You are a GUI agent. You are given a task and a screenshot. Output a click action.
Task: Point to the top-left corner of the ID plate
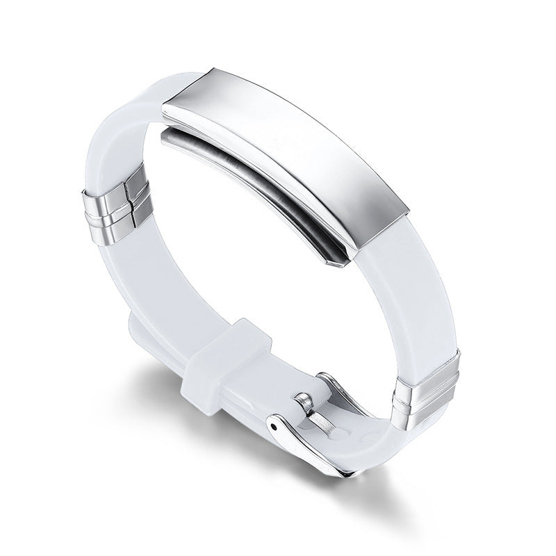(x=165, y=106)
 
